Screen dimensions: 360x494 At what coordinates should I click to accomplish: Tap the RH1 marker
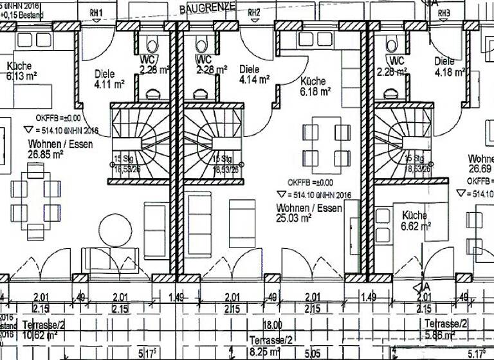tap(96, 12)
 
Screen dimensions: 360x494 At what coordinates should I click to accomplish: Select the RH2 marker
tap(254, 12)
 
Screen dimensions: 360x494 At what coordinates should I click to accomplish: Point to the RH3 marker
tap(444, 12)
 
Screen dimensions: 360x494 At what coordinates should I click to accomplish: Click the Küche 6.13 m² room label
tap(22, 71)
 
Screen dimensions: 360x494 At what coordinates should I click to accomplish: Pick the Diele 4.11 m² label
tap(108, 78)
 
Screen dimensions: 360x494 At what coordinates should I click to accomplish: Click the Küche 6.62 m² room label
tap(415, 221)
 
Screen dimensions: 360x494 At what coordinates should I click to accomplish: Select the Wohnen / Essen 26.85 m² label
tap(60, 149)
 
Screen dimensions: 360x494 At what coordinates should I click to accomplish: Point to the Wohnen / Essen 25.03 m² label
tap(309, 213)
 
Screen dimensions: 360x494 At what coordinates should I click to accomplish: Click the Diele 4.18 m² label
tap(450, 67)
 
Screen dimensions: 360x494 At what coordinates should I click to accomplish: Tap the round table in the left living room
tap(115, 230)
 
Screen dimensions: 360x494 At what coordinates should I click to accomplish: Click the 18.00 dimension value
tap(276, 327)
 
